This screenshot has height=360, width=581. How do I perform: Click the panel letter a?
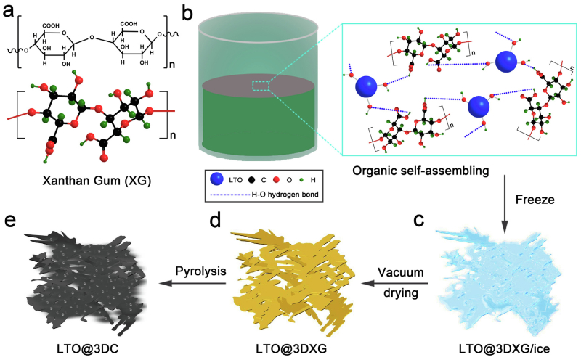[9, 12]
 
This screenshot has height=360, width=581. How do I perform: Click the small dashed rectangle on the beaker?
[259, 86]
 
